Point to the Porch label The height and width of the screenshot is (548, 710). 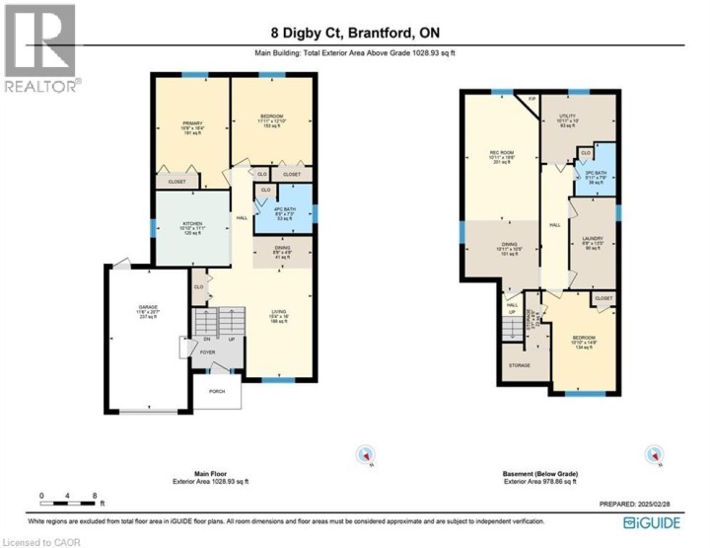tap(216, 391)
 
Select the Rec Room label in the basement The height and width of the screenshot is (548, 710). tap(503, 156)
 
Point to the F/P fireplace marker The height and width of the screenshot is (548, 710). tap(532, 99)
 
